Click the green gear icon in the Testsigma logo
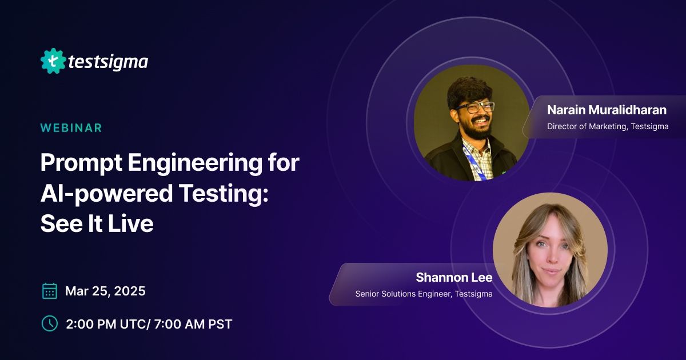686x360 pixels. [53, 61]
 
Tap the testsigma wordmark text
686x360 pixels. [107, 61]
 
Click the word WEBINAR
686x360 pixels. [71, 128]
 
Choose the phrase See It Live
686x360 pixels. [97, 224]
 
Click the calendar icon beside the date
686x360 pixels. [50, 291]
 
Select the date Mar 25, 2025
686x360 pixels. [105, 291]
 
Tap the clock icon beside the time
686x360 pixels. [50, 323]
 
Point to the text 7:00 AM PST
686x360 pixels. [193, 324]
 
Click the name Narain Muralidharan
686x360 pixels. [607, 110]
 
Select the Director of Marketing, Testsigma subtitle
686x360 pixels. [607, 126]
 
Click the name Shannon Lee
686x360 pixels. [454, 278]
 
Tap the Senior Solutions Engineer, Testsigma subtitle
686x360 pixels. [424, 294]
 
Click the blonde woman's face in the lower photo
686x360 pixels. [550, 255]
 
